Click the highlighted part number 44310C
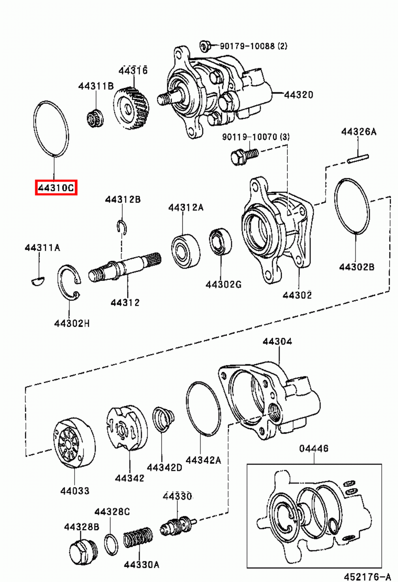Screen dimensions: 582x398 pos(56,188)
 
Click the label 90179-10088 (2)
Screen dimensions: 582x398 pos(253,46)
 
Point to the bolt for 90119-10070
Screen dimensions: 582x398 pos(244,156)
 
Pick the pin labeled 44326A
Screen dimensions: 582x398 pos(358,159)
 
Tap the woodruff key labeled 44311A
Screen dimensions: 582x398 pos(37,280)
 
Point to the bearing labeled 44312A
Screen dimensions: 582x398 pos(186,251)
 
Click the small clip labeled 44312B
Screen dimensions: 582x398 pos(122,227)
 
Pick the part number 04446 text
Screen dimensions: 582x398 pos(314,449)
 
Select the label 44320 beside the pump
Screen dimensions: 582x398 pos(298,95)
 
